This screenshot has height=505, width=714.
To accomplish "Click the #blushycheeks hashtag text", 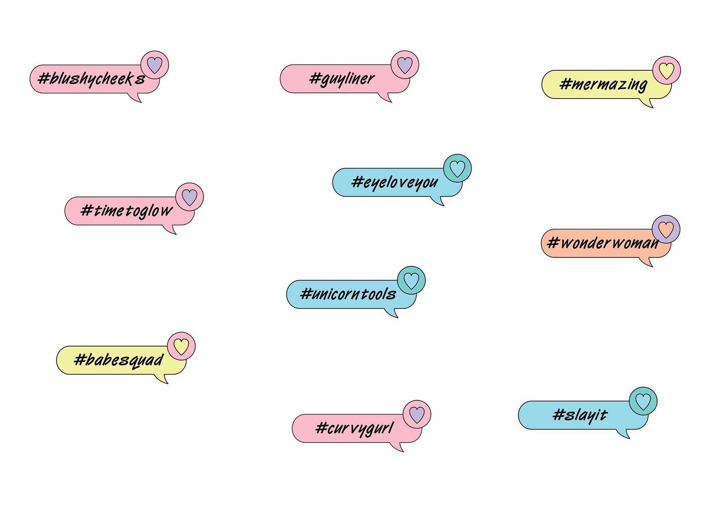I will point(91,79).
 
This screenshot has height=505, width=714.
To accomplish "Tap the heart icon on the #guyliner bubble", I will point(405,65).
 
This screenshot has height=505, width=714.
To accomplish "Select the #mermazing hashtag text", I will point(603,84).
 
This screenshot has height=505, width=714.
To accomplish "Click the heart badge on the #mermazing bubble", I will point(666,71).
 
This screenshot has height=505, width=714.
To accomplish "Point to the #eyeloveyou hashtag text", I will point(395,183).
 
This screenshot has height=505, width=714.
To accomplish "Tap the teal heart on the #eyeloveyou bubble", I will point(457,168).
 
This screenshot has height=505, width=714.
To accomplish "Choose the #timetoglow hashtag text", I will point(126,211).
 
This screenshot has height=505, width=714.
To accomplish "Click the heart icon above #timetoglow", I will point(190,197).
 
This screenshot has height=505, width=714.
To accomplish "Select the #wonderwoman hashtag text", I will point(603,243).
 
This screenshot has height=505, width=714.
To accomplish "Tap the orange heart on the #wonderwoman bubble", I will point(666,229).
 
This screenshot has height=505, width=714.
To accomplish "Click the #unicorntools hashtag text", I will point(348,294).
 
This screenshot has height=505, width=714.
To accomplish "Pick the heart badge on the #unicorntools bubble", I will point(411,280).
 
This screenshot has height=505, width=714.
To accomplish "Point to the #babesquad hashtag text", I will point(119,360).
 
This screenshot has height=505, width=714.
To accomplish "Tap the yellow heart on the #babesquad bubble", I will point(181,346).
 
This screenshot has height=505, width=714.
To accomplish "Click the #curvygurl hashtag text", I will point(354,428).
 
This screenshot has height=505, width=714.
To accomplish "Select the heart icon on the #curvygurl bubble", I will point(417,415).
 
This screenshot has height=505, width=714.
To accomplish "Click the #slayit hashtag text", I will point(580,415).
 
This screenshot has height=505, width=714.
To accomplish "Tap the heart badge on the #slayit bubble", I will point(643,401).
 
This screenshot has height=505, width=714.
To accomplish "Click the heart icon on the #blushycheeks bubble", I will point(155,65).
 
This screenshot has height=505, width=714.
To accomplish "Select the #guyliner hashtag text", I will point(342,79).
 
